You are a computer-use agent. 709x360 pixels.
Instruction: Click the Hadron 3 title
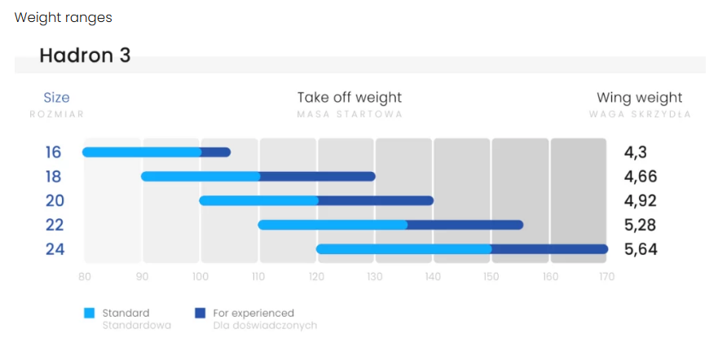pos(85,55)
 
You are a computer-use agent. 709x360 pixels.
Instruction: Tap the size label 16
pos(54,152)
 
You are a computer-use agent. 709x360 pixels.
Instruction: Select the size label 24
pos(55,249)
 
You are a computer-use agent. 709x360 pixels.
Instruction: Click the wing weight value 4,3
pos(636,152)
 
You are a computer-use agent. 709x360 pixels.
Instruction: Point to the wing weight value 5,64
pos(641,249)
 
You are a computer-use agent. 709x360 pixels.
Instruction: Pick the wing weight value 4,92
pos(641,200)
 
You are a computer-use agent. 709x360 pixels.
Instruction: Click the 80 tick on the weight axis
pos(85,277)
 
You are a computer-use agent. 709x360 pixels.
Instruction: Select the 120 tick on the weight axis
pos(317,277)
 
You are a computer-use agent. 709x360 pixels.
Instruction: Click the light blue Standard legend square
pos(89,313)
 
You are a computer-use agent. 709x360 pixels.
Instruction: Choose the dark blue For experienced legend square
pos(200,313)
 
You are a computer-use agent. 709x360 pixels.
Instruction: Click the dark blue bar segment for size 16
pos(216,152)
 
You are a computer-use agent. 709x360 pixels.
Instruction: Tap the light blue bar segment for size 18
pos(200,176)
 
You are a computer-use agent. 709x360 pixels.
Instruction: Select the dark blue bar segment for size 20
pos(375,200)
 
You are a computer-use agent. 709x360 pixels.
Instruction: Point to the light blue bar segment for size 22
pos(332,225)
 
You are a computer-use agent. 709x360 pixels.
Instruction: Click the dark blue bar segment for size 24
pos(549,249)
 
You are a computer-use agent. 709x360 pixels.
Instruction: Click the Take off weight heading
pos(350,98)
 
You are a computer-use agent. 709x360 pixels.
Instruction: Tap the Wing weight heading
pos(640,98)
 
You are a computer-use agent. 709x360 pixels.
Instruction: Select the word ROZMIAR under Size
pos(56,115)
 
